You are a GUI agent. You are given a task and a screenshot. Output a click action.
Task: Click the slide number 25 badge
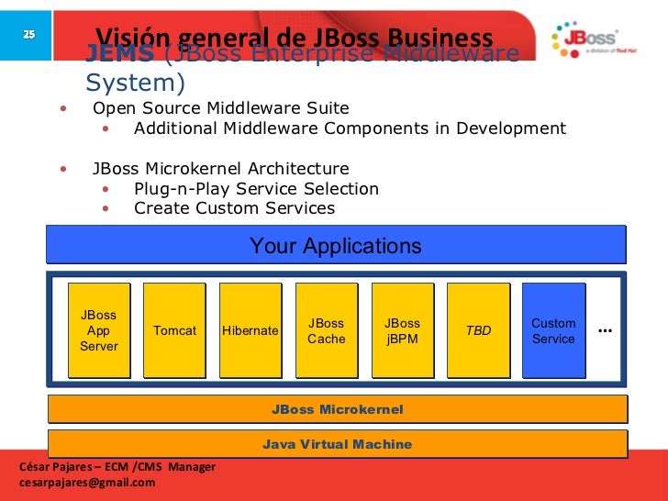click(x=28, y=34)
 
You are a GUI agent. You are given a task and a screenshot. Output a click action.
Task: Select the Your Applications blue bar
click(x=336, y=246)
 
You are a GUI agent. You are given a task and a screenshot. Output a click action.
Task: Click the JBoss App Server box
click(x=99, y=330)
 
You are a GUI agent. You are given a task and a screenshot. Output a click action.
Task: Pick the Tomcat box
click(x=174, y=330)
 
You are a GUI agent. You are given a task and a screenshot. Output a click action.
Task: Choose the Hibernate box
click(x=250, y=330)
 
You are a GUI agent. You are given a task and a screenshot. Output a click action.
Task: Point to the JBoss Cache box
click(x=326, y=330)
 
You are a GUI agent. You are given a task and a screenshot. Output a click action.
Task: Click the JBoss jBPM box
click(x=402, y=330)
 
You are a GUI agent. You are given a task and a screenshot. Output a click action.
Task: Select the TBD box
click(x=478, y=330)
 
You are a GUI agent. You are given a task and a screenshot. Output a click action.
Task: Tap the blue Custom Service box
click(x=553, y=330)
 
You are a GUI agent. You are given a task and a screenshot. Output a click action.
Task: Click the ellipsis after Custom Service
click(x=606, y=329)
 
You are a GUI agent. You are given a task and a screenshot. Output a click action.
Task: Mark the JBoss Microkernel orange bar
click(x=337, y=409)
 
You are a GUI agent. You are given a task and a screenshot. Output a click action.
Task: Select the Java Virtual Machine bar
click(x=337, y=444)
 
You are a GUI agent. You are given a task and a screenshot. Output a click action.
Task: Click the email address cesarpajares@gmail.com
click(x=87, y=483)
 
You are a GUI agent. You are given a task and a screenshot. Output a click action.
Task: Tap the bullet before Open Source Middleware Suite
click(x=63, y=109)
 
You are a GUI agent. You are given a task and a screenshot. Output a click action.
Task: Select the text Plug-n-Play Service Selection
click(x=256, y=189)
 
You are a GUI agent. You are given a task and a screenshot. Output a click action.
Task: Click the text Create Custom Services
click(x=234, y=208)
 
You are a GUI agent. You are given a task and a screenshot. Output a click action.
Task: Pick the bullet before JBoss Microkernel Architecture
click(x=63, y=170)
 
